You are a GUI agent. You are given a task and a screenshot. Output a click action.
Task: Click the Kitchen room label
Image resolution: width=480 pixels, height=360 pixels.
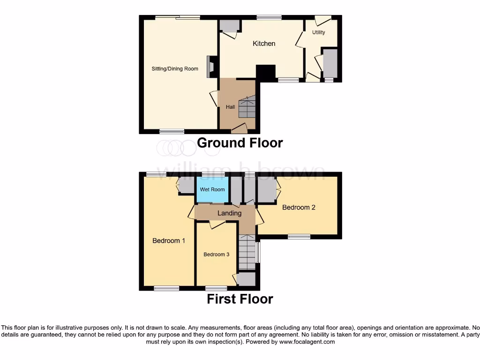pyautogui.click(x=264, y=44)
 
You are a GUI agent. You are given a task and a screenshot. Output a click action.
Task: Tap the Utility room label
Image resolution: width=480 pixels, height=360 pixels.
pyautogui.click(x=319, y=32)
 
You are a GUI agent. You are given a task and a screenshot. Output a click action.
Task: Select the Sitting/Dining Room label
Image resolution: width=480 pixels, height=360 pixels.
pyautogui.click(x=175, y=69)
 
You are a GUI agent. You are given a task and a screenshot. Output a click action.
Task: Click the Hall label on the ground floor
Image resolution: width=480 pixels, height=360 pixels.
pyautogui.click(x=230, y=107)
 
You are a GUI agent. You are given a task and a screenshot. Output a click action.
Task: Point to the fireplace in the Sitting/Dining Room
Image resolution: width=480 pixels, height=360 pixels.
pyautogui.click(x=211, y=66)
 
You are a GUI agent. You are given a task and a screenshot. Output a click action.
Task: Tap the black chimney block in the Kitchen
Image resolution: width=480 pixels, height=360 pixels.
pyautogui.click(x=266, y=73)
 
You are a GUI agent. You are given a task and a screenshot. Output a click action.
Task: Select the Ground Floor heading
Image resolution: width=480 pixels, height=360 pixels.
pyautogui.click(x=240, y=142)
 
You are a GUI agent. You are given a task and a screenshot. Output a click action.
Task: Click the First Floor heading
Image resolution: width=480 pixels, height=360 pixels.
pyautogui.click(x=240, y=299)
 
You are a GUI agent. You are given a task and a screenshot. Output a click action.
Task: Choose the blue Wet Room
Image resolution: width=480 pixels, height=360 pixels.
pyautogui.click(x=212, y=190)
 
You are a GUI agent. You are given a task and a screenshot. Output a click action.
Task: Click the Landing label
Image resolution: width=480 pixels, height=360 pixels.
pyautogui.click(x=229, y=213)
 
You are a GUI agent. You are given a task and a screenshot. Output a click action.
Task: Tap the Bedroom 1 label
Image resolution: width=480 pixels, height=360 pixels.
pyautogui.click(x=169, y=241)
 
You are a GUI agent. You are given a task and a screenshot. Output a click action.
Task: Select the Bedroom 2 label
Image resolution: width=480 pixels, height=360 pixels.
pyautogui.click(x=299, y=207)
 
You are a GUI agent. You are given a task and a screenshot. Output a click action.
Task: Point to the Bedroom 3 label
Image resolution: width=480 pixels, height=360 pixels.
pyautogui.click(x=216, y=255)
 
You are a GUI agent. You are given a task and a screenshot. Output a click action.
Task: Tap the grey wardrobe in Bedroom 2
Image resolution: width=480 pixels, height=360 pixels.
pyautogui.click(x=266, y=191)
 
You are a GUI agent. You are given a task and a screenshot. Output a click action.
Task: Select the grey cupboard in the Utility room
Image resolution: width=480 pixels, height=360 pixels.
pyautogui.click(x=330, y=63)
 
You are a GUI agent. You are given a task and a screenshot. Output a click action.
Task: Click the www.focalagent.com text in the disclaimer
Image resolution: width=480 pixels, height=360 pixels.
pyautogui.click(x=307, y=342)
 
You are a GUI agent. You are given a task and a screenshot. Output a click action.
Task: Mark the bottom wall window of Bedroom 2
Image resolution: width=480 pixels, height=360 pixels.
pyautogui.click(x=299, y=236)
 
